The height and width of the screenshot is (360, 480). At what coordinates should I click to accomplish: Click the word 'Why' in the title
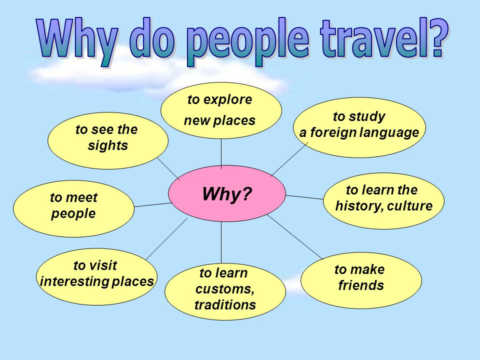pyautogui.click(x=77, y=41)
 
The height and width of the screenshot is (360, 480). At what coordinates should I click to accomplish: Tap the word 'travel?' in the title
pyautogui.click(x=384, y=38)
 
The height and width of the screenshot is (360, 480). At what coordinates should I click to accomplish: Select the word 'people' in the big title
pyautogui.click(x=247, y=42)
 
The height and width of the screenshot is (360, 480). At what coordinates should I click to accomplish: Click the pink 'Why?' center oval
pyautogui.click(x=227, y=193)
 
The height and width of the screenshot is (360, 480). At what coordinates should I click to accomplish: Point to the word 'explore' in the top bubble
pyautogui.click(x=227, y=100)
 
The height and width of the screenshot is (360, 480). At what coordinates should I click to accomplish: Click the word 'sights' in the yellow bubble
pyautogui.click(x=108, y=146)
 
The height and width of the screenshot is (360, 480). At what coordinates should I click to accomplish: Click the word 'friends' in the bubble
pyautogui.click(x=361, y=285)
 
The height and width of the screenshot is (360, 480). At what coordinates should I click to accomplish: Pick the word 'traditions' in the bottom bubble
pyautogui.click(x=225, y=305)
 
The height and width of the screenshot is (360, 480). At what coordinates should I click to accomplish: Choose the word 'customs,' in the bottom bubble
pyautogui.click(x=225, y=289)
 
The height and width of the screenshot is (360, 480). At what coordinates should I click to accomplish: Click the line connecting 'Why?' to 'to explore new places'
pyautogui.click(x=221, y=153)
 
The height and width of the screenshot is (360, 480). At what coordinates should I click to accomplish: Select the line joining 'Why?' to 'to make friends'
pyautogui.click(x=295, y=237)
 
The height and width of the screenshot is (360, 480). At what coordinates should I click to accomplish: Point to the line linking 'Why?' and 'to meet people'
pyautogui.click(x=153, y=205)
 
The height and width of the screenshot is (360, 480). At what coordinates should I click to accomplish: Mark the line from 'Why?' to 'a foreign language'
pyautogui.click(x=289, y=159)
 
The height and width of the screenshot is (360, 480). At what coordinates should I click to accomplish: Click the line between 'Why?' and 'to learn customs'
pyautogui.click(x=221, y=242)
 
